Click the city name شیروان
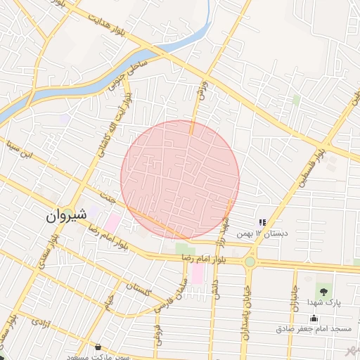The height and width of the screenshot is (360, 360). (66, 216)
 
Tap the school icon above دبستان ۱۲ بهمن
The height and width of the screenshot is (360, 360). (262, 223)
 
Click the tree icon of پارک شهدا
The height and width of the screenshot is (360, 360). (323, 290)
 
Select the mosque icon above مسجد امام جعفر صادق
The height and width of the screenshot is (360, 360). (314, 318)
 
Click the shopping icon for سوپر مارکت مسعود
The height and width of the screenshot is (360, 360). (98, 347)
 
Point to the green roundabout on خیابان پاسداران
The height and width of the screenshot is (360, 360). (250, 262)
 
